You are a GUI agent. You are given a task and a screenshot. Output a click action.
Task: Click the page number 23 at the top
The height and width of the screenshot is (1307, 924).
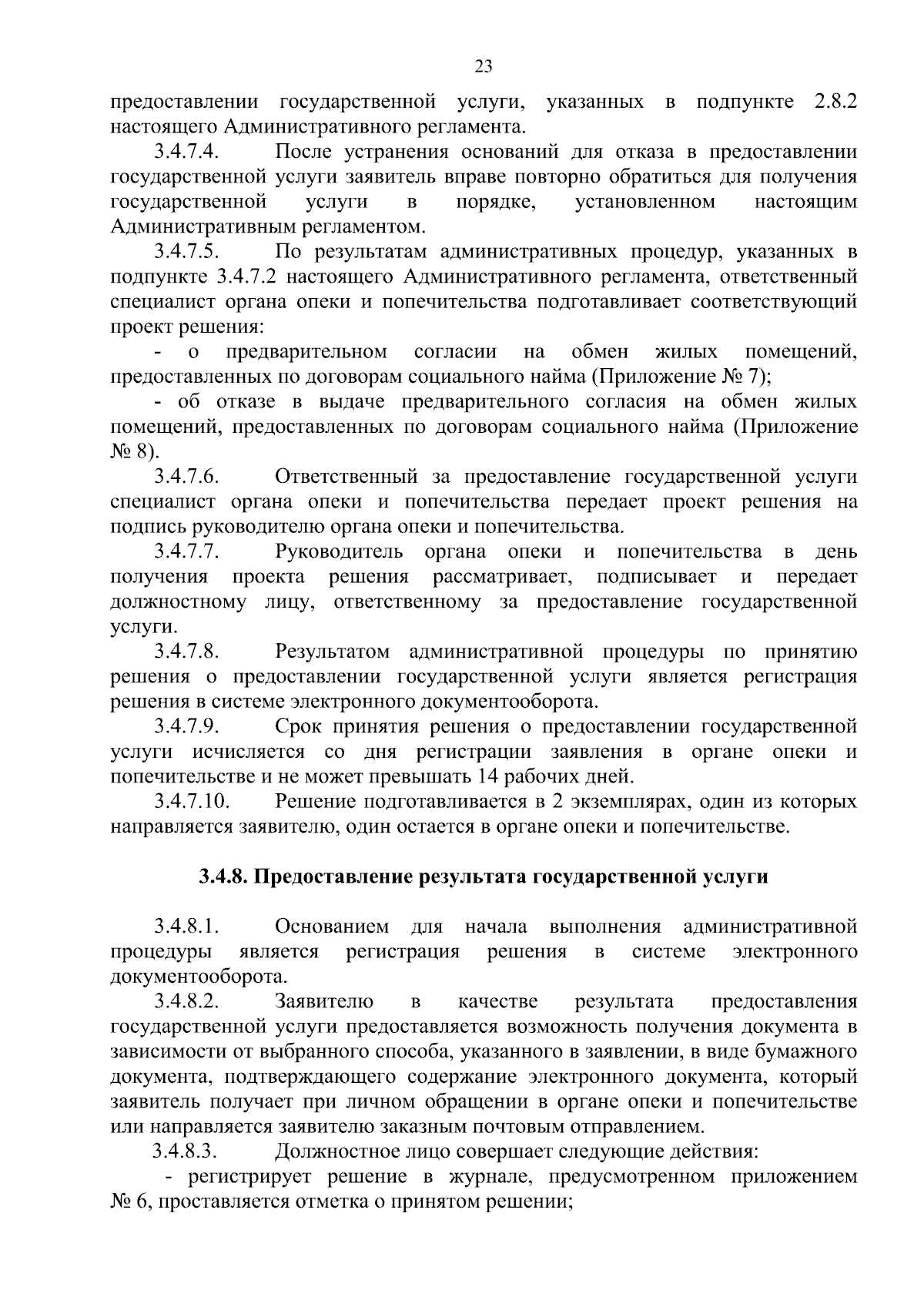click(x=484, y=66)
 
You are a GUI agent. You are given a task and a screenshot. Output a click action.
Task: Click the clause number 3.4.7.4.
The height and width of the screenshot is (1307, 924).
click(x=188, y=152)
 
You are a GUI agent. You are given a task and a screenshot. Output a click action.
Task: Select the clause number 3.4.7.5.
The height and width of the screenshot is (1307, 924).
click(x=188, y=252)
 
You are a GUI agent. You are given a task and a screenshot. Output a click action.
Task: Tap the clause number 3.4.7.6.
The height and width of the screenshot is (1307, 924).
click(x=188, y=478)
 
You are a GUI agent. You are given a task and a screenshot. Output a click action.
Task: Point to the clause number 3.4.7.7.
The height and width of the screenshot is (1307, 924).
click(x=188, y=552)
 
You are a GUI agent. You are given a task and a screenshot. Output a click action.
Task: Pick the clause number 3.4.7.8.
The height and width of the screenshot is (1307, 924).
click(x=188, y=652)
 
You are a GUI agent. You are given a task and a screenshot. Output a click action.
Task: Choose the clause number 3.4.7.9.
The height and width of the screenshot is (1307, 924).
click(x=188, y=727)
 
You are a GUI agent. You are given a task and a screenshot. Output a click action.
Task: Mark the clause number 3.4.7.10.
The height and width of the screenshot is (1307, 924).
click(x=192, y=802)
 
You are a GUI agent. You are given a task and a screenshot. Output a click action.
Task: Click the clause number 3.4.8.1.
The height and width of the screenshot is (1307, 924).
click(x=188, y=926)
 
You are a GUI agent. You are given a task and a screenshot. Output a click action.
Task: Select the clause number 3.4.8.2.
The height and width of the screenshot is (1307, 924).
click(x=188, y=1001)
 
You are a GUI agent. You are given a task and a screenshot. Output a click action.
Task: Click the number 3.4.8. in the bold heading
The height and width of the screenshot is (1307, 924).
click(x=224, y=876)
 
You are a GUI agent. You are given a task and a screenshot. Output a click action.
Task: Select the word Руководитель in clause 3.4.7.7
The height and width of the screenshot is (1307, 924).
click(x=339, y=552)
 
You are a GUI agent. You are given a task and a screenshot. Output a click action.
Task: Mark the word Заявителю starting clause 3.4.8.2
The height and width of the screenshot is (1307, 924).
click(x=324, y=1001)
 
